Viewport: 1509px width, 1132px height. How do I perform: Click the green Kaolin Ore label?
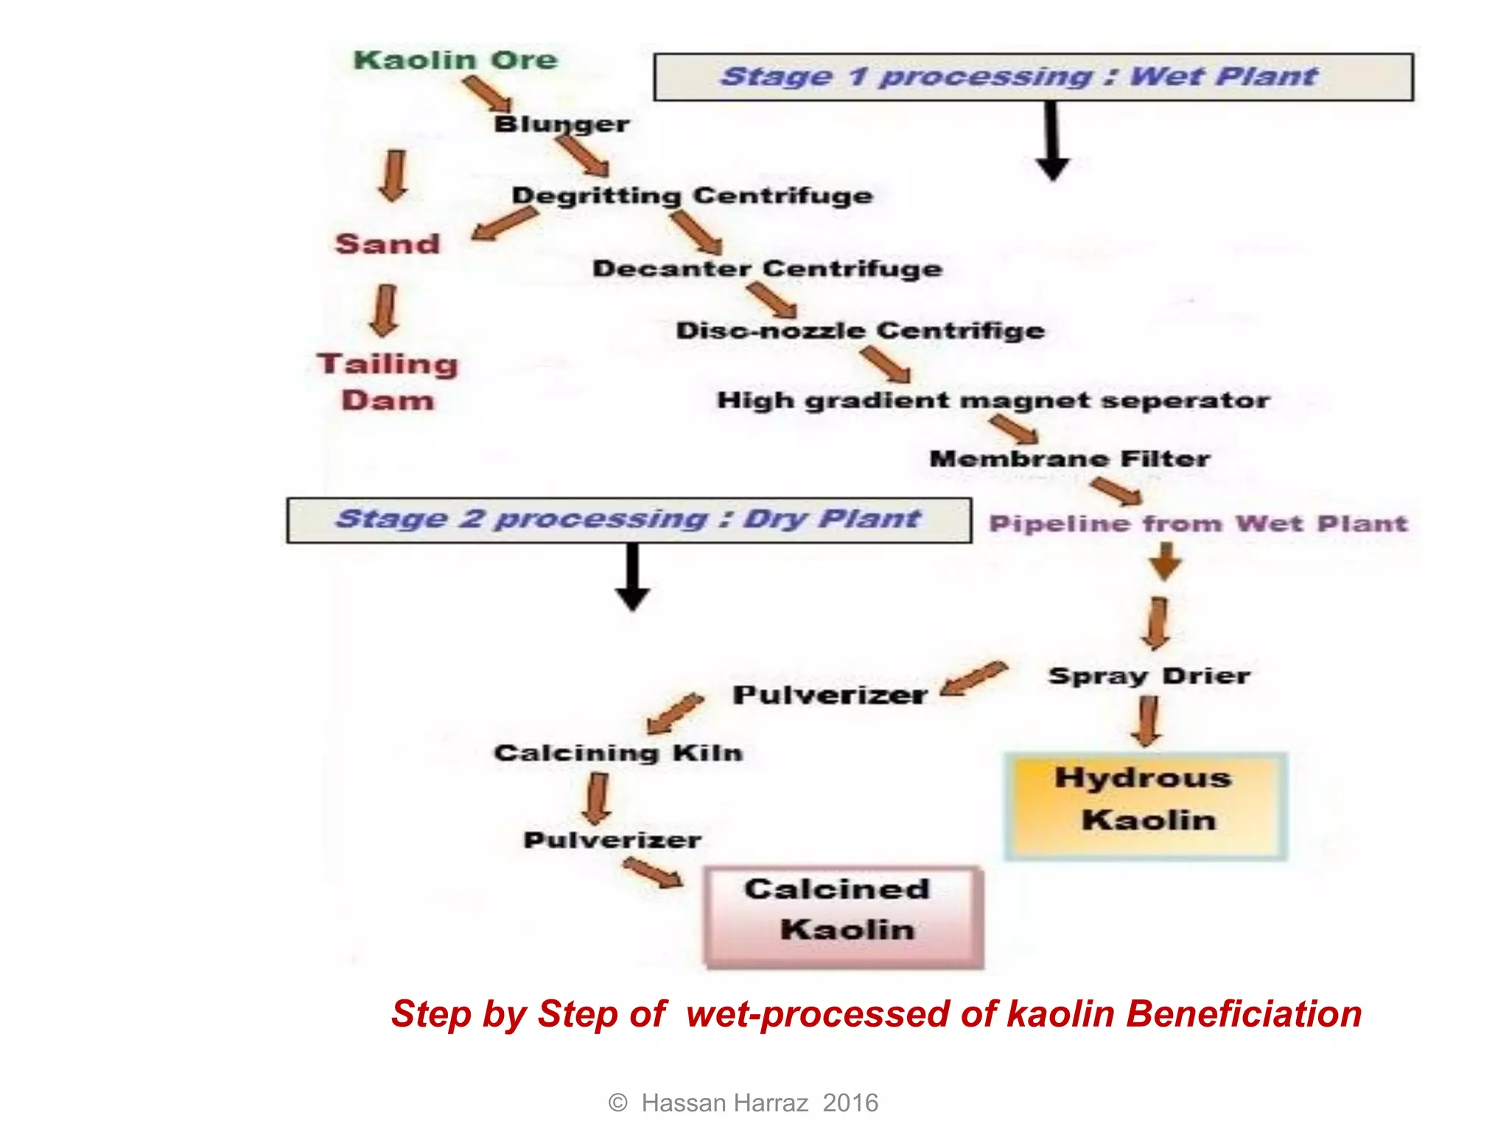click(455, 60)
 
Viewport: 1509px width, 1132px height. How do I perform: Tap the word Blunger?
click(561, 124)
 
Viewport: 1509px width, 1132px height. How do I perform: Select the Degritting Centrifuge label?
click(692, 195)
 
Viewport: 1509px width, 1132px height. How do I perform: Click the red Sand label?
click(388, 244)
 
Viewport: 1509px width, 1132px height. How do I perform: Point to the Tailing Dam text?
click(388, 382)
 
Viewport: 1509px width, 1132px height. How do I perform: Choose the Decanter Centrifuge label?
click(767, 268)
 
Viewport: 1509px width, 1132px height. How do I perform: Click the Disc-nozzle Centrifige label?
click(860, 330)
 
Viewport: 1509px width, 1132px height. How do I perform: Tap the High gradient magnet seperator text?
click(993, 400)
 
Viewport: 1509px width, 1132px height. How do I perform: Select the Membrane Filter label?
click(1069, 458)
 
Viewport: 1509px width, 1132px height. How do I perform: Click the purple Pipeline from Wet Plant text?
click(1198, 523)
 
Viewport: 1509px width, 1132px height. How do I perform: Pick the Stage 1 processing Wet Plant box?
click(1033, 77)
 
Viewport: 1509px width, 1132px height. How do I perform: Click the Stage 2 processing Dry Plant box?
click(629, 520)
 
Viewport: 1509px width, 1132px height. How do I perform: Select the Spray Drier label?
click(1149, 676)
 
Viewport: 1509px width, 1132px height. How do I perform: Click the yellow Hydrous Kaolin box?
click(1145, 806)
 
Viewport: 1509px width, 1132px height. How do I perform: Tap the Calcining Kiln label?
click(618, 752)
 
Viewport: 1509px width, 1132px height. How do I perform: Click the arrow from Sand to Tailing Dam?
click(385, 310)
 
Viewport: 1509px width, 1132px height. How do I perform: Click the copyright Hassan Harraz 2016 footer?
click(743, 1103)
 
